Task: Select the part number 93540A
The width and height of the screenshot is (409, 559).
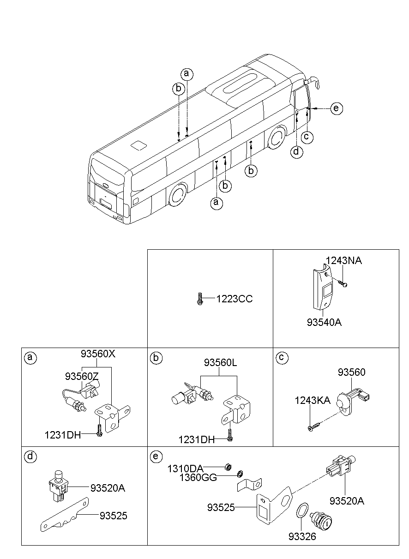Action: click(324, 322)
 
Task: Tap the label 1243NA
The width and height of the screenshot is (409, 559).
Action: click(344, 261)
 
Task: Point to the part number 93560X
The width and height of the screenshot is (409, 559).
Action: click(98, 354)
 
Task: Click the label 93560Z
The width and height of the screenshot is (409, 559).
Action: click(82, 376)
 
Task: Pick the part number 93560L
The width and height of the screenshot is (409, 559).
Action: click(220, 363)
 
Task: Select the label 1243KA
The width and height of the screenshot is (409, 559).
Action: click(313, 401)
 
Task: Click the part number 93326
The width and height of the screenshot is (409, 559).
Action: click(302, 536)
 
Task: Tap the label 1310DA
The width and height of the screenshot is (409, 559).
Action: click(186, 468)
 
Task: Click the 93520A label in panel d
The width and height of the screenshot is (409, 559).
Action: click(108, 487)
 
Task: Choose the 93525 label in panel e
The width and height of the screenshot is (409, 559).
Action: click(222, 508)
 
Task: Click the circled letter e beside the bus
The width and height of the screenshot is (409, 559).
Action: click(337, 108)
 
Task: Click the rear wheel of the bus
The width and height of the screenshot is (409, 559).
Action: click(177, 195)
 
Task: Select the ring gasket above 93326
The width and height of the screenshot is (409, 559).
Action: click(301, 511)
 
